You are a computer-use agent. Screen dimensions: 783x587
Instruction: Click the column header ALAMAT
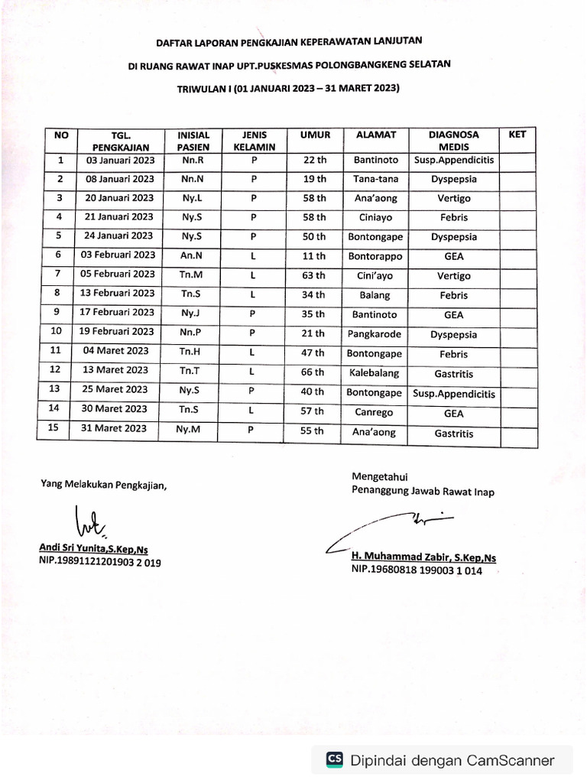coord(375,135)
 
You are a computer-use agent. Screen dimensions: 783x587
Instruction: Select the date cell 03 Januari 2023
coord(121,160)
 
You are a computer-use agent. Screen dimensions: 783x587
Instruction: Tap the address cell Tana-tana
coord(375,179)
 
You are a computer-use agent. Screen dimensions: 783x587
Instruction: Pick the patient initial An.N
coord(193,255)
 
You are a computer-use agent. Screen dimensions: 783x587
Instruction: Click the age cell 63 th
coord(313,275)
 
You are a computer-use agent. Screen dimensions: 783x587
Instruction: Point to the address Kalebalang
coord(375,373)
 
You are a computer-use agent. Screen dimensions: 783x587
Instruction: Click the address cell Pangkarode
coord(375,334)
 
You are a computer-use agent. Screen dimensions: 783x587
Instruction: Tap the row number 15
coord(55,429)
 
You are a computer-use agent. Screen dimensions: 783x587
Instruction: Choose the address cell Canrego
coord(375,412)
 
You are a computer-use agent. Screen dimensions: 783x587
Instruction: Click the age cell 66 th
coord(313,372)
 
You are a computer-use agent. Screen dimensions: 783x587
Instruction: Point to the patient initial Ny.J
coord(193,313)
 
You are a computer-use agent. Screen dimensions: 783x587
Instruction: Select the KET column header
coord(517,135)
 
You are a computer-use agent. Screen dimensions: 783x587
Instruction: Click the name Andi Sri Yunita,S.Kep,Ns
coord(93,548)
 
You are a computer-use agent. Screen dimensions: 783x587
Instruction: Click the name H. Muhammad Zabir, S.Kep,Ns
coord(423,557)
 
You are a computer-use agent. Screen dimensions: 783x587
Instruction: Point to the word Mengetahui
coord(380,477)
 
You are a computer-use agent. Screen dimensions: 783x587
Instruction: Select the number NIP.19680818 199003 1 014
coord(417,570)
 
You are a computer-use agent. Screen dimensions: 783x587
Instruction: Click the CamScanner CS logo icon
coord(334,759)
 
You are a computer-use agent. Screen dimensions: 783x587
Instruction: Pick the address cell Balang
coord(375,295)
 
